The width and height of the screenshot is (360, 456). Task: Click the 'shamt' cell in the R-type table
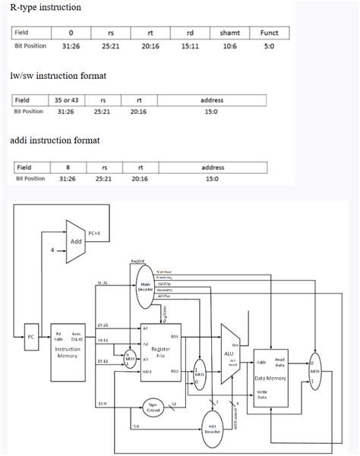click(229, 33)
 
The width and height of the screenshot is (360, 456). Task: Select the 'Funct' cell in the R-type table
click(269, 33)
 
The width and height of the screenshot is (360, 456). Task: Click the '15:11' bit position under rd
click(190, 46)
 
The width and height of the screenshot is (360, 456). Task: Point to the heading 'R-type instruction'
click(46, 7)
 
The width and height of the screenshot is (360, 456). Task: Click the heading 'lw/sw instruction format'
click(58, 76)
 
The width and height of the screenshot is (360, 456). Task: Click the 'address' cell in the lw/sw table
click(212, 100)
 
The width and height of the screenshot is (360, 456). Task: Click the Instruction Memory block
click(73, 352)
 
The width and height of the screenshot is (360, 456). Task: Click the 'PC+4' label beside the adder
click(95, 233)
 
